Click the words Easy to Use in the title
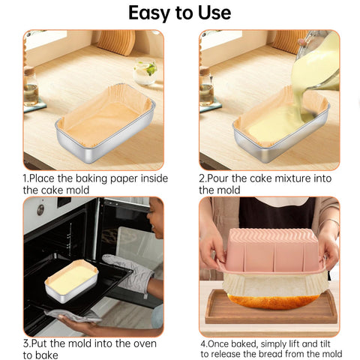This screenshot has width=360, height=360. [179, 13]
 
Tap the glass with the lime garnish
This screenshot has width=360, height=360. [145, 72]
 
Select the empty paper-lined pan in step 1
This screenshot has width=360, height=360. [106, 120]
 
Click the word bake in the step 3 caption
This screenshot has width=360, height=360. [46, 355]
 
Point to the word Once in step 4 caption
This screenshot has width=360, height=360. [221, 343]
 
